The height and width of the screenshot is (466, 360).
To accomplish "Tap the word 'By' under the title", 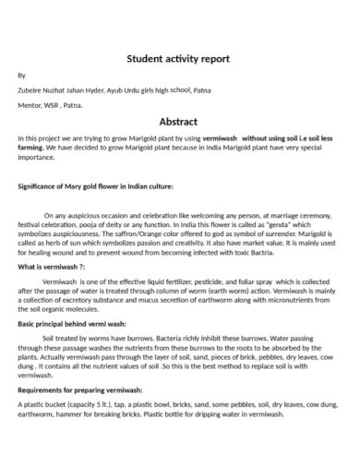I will coord(22,75).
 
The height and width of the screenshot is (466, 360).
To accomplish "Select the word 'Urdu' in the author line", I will coord(134,90).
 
